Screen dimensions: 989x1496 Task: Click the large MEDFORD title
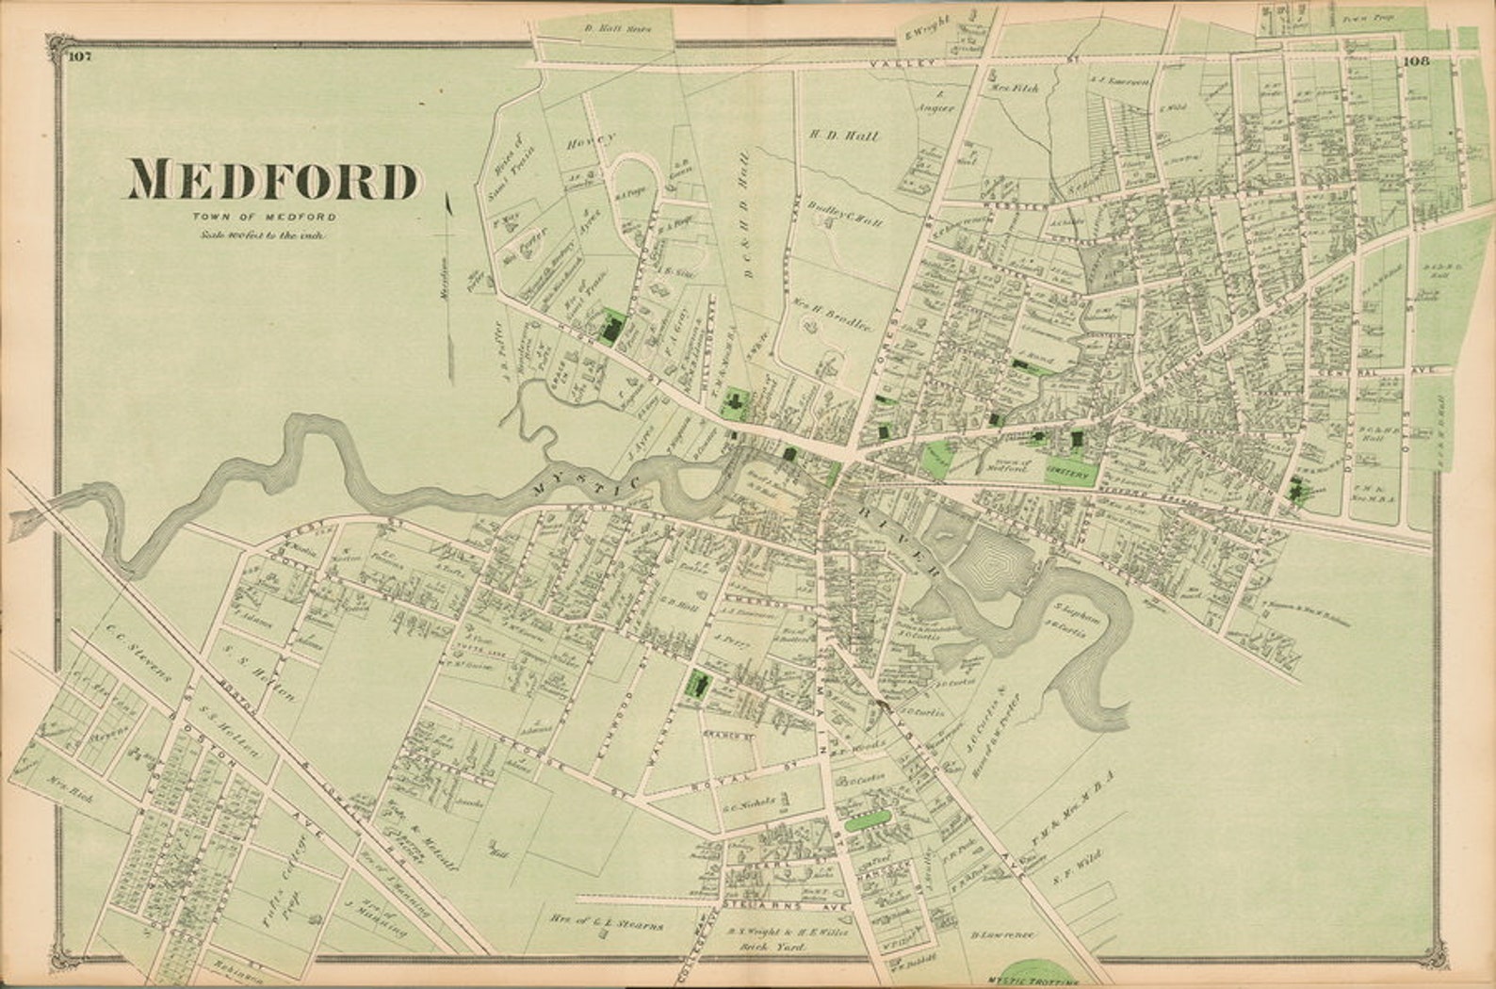coord(273,180)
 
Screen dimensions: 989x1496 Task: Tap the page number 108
coord(1416,62)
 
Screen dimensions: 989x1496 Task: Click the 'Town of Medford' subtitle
coord(262,218)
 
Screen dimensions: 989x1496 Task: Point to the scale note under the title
coord(262,234)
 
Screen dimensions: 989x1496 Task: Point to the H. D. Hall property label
coord(844,136)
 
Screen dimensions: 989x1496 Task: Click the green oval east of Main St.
coord(869,819)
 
